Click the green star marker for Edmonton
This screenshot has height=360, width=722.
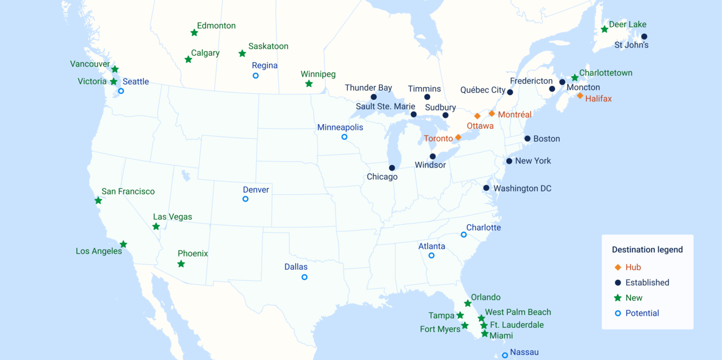point(194,33)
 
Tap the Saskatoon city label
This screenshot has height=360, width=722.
point(268,46)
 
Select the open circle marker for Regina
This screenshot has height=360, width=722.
point(256,76)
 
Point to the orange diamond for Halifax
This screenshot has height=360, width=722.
point(580,96)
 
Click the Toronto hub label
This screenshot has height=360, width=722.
point(438,138)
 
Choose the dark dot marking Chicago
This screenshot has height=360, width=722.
point(392,168)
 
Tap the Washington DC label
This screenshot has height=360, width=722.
point(522,188)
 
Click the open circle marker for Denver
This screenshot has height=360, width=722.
point(245,199)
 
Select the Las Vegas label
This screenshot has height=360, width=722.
point(173,217)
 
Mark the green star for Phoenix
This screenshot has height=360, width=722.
point(181,264)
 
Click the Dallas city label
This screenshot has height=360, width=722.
point(296,267)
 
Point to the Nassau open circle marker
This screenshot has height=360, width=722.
point(505,355)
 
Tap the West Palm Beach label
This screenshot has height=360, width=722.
point(518,312)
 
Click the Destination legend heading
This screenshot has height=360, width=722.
point(647,249)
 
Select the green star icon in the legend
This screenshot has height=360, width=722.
point(618,298)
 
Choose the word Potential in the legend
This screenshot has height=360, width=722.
point(642,313)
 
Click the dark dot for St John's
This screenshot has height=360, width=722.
point(644,37)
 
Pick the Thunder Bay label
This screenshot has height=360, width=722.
point(368,87)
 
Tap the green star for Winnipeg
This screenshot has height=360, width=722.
point(309,84)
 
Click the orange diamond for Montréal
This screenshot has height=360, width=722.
point(492,113)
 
